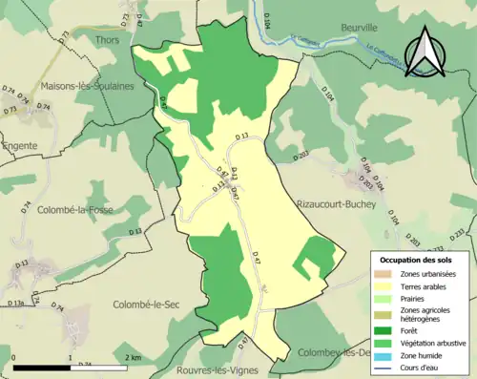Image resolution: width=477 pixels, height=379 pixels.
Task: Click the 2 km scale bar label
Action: [133, 359]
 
